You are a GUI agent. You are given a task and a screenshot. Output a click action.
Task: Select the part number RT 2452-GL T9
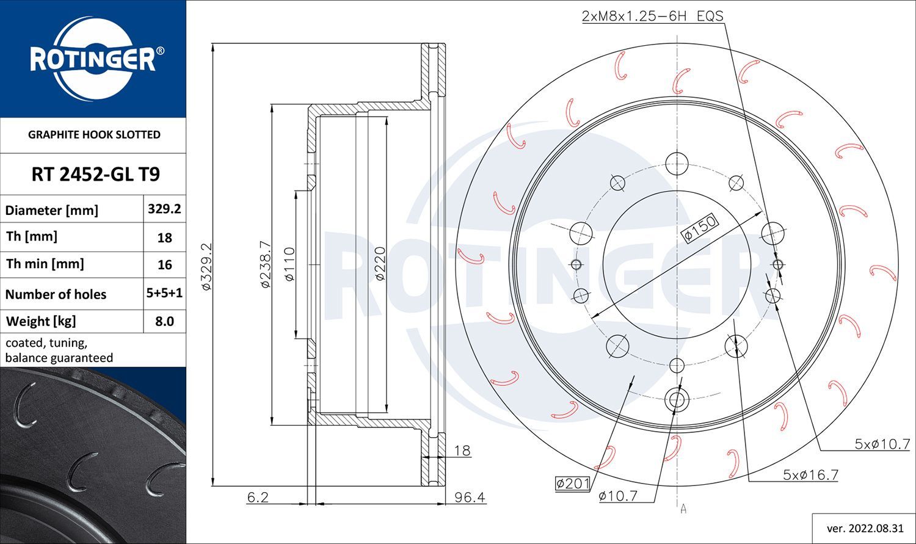click(x=96, y=174)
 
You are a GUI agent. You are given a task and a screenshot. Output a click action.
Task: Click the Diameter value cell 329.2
click(x=164, y=209)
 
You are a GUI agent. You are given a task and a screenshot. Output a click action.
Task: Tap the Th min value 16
click(x=164, y=265)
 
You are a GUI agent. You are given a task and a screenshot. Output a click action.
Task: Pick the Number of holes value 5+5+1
click(x=164, y=293)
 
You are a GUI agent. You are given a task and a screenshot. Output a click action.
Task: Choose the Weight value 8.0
click(x=164, y=321)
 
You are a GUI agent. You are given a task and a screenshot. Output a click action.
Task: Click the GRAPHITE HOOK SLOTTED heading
click(x=94, y=135)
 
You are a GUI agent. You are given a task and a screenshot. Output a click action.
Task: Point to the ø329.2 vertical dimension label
click(x=206, y=266)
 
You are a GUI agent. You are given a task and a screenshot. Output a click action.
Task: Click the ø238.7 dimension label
click(x=266, y=264)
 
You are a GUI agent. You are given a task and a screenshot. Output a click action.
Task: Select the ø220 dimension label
click(x=380, y=264)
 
